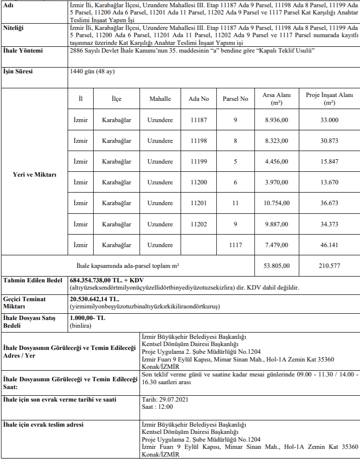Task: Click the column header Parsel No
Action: coord(235,98)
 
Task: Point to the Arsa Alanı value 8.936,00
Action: coord(277,120)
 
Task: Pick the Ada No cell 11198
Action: coord(198,140)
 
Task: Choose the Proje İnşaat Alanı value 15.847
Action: coord(330,161)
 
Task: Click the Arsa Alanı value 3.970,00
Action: coord(277,182)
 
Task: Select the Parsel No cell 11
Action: coord(235,203)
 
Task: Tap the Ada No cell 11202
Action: coord(198,224)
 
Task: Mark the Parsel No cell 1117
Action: coord(235,245)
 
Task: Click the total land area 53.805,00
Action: coord(277,265)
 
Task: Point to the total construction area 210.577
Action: coord(330,265)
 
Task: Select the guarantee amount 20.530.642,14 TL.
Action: coord(94,299)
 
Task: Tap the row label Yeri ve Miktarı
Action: coord(34,174)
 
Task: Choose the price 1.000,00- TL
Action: coord(87,319)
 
